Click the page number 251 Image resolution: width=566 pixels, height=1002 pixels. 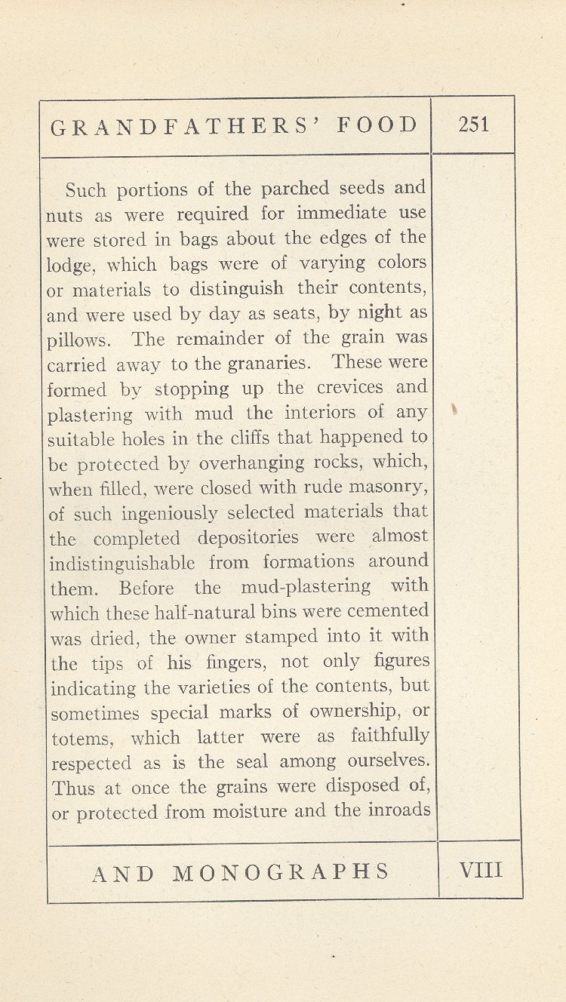(473, 124)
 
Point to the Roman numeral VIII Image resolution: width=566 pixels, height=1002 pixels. (480, 870)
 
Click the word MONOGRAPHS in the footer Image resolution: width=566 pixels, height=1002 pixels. (281, 872)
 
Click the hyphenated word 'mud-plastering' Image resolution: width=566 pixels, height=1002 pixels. (306, 586)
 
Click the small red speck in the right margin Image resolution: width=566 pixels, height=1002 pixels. (454, 410)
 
